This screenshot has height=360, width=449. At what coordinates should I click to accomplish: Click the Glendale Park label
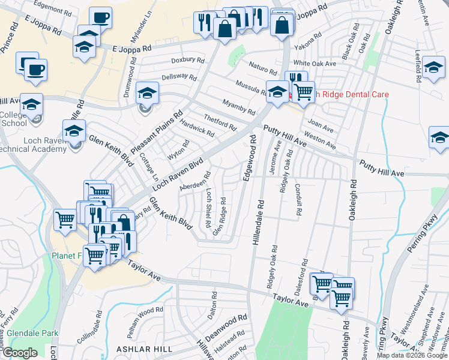pyautogui.click(x=29, y=333)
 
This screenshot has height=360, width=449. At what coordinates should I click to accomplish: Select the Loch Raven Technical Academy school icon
pyautogui.click(x=74, y=131)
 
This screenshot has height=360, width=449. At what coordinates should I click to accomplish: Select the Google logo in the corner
pyautogui.click(x=20, y=353)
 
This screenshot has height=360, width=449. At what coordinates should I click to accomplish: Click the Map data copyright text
pyautogui.click(x=412, y=355)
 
